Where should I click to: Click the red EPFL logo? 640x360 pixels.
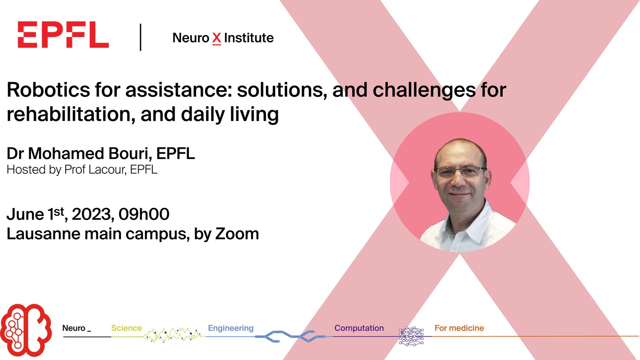pyautogui.click(x=63, y=35)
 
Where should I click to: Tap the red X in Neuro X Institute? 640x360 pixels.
pyautogui.click(x=216, y=39)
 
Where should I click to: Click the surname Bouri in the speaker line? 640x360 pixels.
pyautogui.click(x=130, y=153)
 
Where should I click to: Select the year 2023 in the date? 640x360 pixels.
pyautogui.click(x=91, y=214)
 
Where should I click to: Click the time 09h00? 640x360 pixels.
pyautogui.click(x=144, y=214)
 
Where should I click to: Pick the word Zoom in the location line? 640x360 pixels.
pyautogui.click(x=237, y=234)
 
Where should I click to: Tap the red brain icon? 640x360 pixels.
pyautogui.click(x=26, y=330)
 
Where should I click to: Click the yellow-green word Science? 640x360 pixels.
pyautogui.click(x=127, y=328)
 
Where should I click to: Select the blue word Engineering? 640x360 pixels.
pyautogui.click(x=231, y=328)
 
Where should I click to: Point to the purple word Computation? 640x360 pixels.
pyautogui.click(x=359, y=328)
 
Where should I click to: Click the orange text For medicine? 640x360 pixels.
pyautogui.click(x=459, y=328)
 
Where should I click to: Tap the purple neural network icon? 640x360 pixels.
pyautogui.click(x=412, y=336)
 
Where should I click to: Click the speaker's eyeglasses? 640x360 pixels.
pyautogui.click(x=460, y=171)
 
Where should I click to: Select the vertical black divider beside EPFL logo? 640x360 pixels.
pyautogui.click(x=140, y=37)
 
